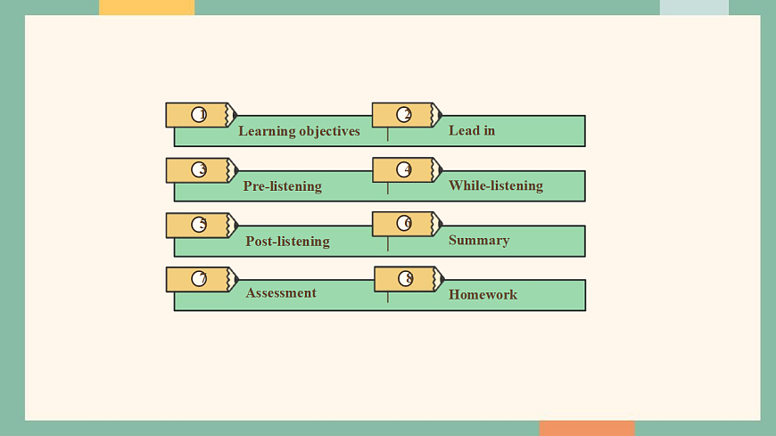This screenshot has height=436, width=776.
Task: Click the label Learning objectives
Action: point(299,131)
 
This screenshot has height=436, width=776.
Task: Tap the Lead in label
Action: point(472,130)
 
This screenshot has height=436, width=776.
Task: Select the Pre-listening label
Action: point(282,186)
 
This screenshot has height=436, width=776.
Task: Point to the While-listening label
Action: point(496,185)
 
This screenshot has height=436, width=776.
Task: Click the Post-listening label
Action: point(287,241)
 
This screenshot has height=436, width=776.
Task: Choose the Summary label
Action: point(479,240)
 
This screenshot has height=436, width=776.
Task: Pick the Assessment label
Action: point(281,292)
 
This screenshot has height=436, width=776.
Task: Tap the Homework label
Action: point(483,294)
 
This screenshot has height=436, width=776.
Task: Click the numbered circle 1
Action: point(199,114)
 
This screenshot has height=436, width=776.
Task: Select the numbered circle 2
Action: point(404,114)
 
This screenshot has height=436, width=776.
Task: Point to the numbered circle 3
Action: point(199,169)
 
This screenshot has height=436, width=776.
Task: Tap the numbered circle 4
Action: point(404,169)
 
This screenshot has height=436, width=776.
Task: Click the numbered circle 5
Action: point(199,224)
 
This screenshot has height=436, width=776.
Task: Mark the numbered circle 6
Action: point(404,223)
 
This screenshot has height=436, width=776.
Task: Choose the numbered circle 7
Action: point(199,278)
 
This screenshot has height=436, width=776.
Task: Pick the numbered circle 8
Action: point(406,278)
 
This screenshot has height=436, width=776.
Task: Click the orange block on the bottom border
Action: point(587,428)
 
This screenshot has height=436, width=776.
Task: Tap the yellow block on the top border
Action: point(146,7)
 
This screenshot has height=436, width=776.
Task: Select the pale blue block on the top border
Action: point(694,7)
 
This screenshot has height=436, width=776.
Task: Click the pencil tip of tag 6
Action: point(439,224)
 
